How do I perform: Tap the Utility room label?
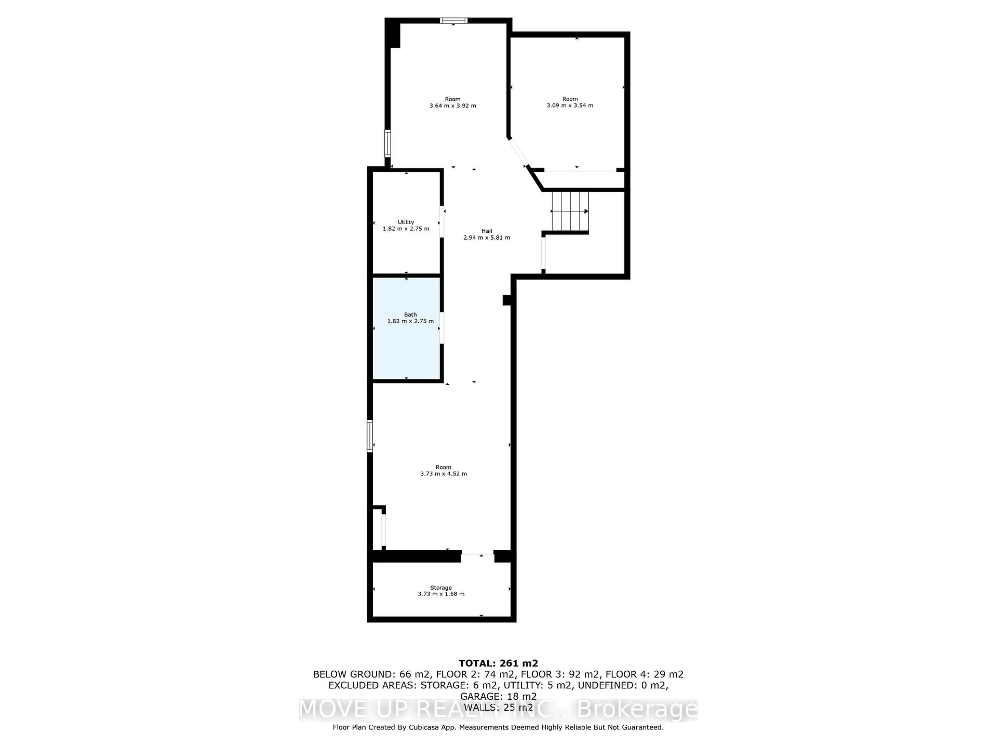point(406,222)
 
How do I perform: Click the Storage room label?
point(440,587)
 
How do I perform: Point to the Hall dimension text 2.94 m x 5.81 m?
point(486,238)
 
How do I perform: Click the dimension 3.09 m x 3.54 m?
point(570,105)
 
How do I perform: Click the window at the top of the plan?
point(453,20)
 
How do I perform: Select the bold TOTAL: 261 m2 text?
point(498,663)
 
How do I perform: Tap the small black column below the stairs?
point(507,300)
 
